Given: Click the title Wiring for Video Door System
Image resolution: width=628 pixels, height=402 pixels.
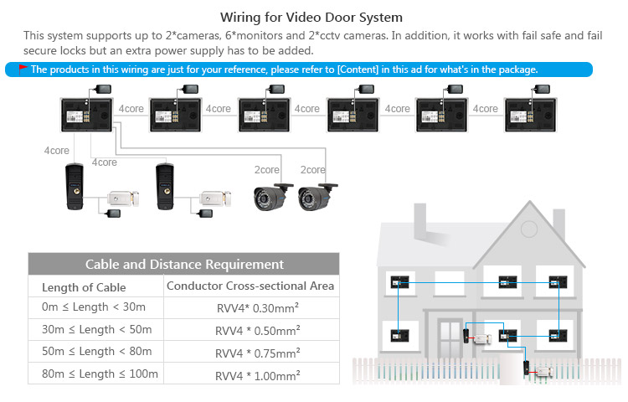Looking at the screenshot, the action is pyautogui.click(x=311, y=18).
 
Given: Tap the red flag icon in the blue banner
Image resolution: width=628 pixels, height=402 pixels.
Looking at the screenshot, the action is pyautogui.click(x=23, y=70).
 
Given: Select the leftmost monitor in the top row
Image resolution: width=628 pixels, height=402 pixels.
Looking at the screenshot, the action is pyautogui.click(x=86, y=116).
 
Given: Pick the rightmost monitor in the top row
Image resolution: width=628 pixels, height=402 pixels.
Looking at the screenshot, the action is pyautogui.click(x=530, y=116).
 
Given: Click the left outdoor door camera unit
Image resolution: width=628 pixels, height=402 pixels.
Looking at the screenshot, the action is pyautogui.click(x=75, y=187).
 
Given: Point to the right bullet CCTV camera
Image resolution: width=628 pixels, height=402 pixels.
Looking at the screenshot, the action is pyautogui.click(x=317, y=197).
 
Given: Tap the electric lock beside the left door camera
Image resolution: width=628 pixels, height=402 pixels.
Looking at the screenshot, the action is pyautogui.click(x=123, y=198).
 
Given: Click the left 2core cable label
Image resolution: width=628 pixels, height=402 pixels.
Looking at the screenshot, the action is pyautogui.click(x=267, y=170).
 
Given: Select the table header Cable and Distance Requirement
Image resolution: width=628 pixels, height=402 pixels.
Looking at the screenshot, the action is pyautogui.click(x=184, y=265).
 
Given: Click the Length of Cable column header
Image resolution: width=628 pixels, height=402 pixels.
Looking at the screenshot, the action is pyautogui.click(x=84, y=287).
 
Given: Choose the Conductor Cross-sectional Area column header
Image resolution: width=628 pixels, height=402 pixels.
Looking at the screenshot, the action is pyautogui.click(x=250, y=286).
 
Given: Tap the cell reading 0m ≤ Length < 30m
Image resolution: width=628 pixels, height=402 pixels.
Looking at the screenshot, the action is pyautogui.click(x=94, y=307).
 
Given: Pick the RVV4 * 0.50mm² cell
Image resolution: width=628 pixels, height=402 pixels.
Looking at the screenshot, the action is pyautogui.click(x=258, y=330).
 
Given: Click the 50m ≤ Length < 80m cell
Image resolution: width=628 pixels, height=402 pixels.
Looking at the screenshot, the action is pyautogui.click(x=97, y=352).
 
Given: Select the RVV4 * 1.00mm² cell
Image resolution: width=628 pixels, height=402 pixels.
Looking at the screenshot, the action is pyautogui.click(x=258, y=375).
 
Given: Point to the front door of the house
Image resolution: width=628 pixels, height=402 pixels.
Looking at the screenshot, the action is pyautogui.click(x=450, y=338).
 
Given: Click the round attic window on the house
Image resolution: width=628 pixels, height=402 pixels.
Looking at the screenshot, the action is pyautogui.click(x=529, y=229).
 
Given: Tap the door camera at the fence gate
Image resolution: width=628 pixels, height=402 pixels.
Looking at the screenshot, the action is pyautogui.click(x=527, y=368).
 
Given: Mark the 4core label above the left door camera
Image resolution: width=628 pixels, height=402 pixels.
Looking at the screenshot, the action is pyautogui.click(x=56, y=151).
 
